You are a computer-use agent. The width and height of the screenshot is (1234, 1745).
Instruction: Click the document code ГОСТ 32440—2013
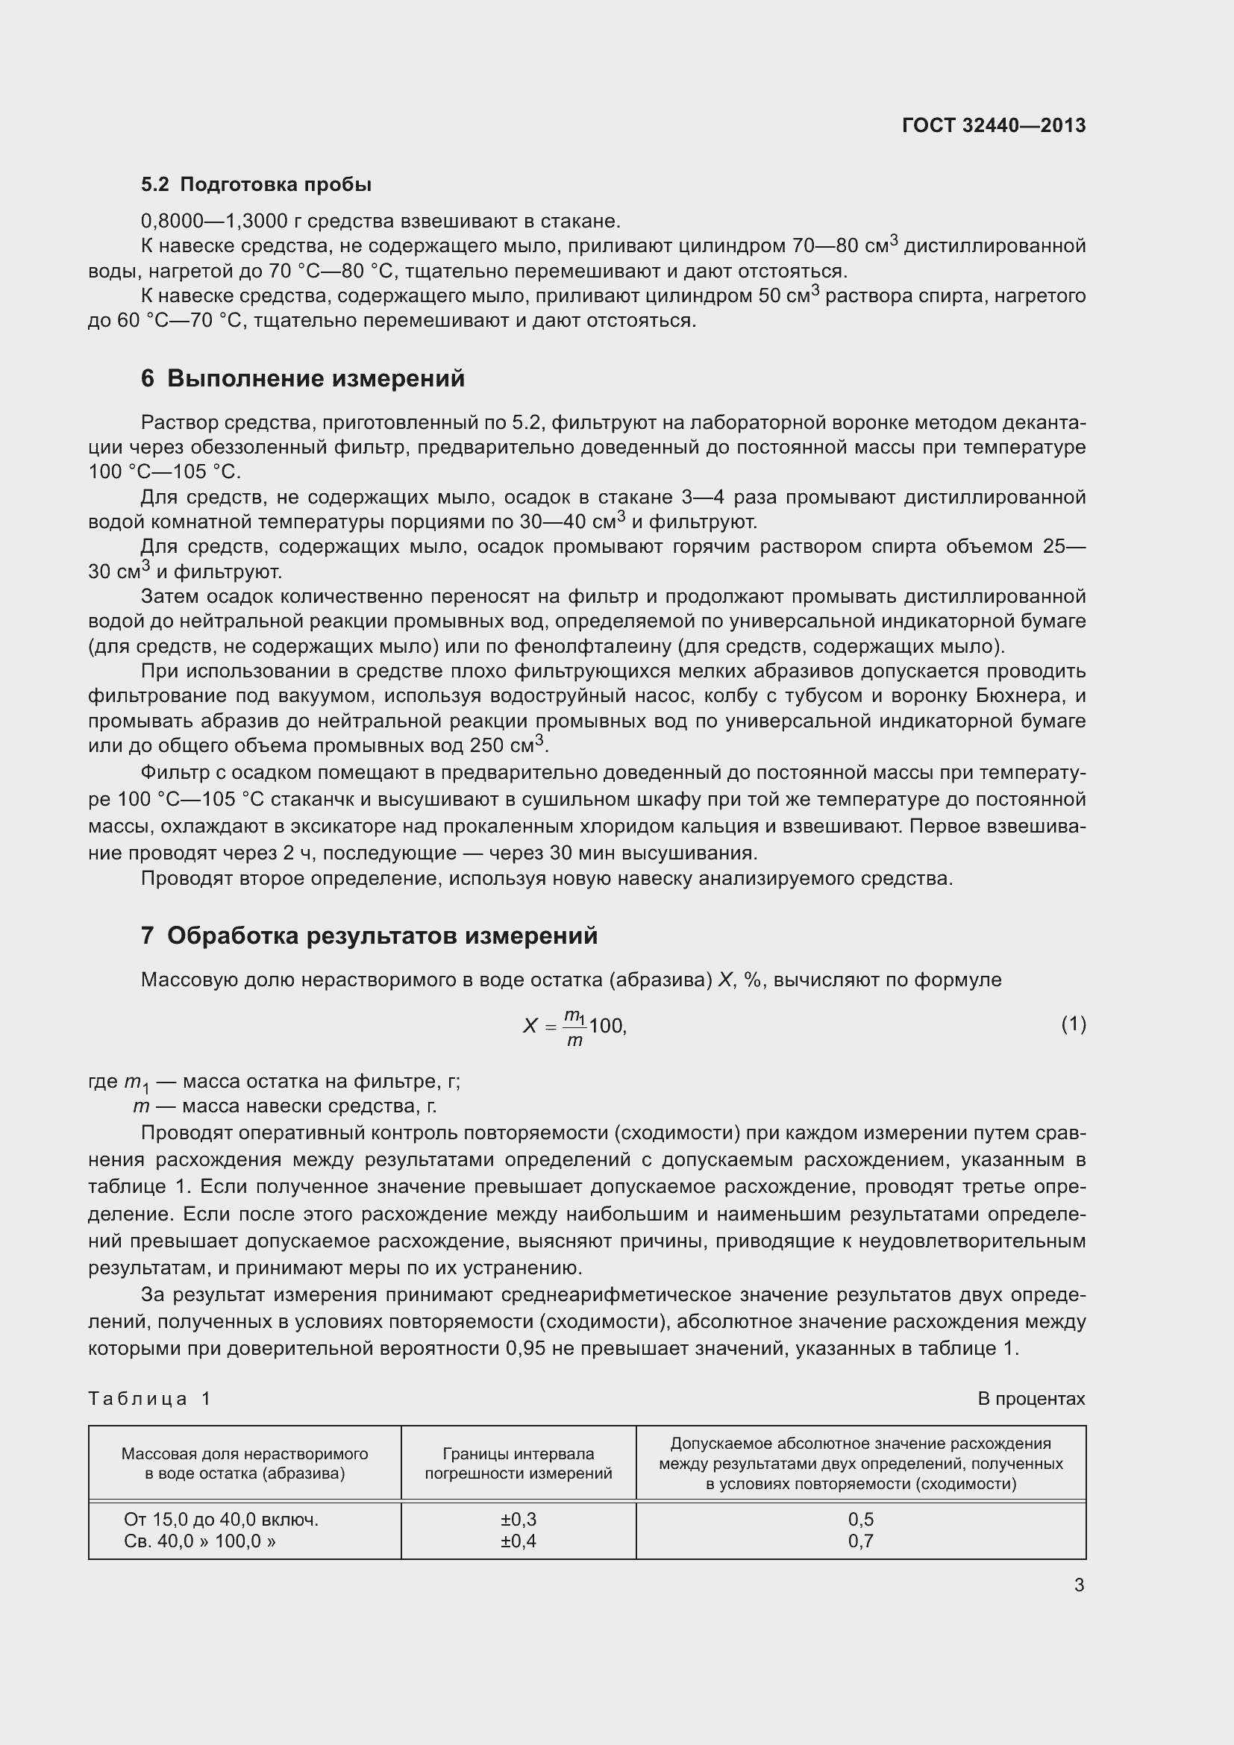[993, 125]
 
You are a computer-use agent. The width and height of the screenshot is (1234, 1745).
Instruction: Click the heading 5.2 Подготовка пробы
[256, 185]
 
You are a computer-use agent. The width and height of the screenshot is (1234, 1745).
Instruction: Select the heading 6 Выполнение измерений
[302, 378]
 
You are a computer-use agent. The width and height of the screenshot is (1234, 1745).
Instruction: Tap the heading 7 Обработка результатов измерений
[369, 936]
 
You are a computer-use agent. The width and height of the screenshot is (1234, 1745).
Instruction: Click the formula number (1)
[1073, 1024]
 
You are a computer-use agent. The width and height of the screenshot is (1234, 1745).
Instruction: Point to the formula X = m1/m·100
[574, 1027]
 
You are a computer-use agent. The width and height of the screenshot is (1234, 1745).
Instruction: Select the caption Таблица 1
[150, 1398]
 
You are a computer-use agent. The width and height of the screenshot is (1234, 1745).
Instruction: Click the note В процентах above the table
[1031, 1398]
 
